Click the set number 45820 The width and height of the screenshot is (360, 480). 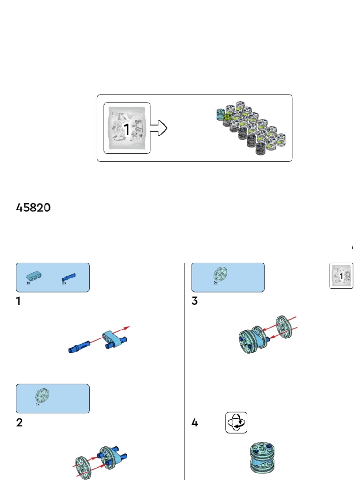pyautogui.click(x=33, y=208)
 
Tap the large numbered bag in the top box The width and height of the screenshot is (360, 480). pyautogui.click(x=127, y=128)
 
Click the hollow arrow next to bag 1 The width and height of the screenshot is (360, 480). pyautogui.click(x=159, y=128)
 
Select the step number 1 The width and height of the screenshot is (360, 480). pyautogui.click(x=18, y=301)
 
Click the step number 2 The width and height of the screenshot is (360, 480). pyautogui.click(x=19, y=422)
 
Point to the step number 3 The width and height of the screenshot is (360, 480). pyautogui.click(x=195, y=301)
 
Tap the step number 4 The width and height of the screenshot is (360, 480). pyautogui.click(x=195, y=422)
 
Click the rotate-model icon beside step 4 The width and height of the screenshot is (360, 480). pyautogui.click(x=236, y=422)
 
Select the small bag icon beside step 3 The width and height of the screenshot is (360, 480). pyautogui.click(x=341, y=276)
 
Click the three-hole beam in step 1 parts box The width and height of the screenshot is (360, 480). pyautogui.click(x=34, y=277)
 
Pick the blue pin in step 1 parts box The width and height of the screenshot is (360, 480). pyautogui.click(x=68, y=277)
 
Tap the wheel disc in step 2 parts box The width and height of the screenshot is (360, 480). pyautogui.click(x=42, y=395)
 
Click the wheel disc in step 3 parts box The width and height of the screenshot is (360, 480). pyautogui.click(x=220, y=274)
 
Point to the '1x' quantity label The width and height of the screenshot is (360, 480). pyautogui.click(x=28, y=283)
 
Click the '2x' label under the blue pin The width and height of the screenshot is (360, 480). pyautogui.click(x=64, y=283)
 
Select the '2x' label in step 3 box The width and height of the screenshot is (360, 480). pyautogui.click(x=216, y=283)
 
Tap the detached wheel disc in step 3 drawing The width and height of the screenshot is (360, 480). pyautogui.click(x=284, y=327)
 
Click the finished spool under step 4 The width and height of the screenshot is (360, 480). pyautogui.click(x=262, y=457)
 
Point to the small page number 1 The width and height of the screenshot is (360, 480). pyautogui.click(x=352, y=247)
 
